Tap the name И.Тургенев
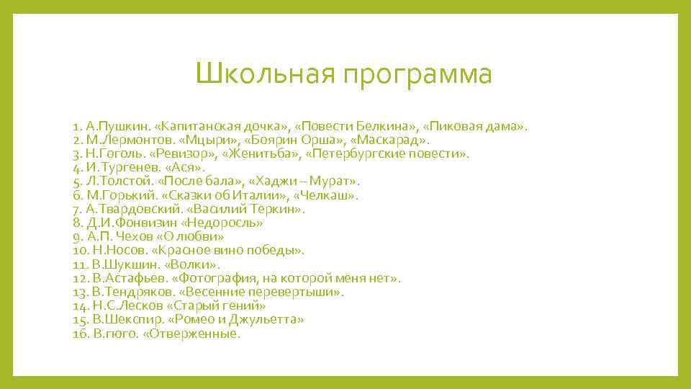click(x=119, y=168)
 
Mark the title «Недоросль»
click(x=224, y=223)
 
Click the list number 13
click(x=79, y=292)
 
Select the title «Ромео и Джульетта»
click(x=237, y=319)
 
